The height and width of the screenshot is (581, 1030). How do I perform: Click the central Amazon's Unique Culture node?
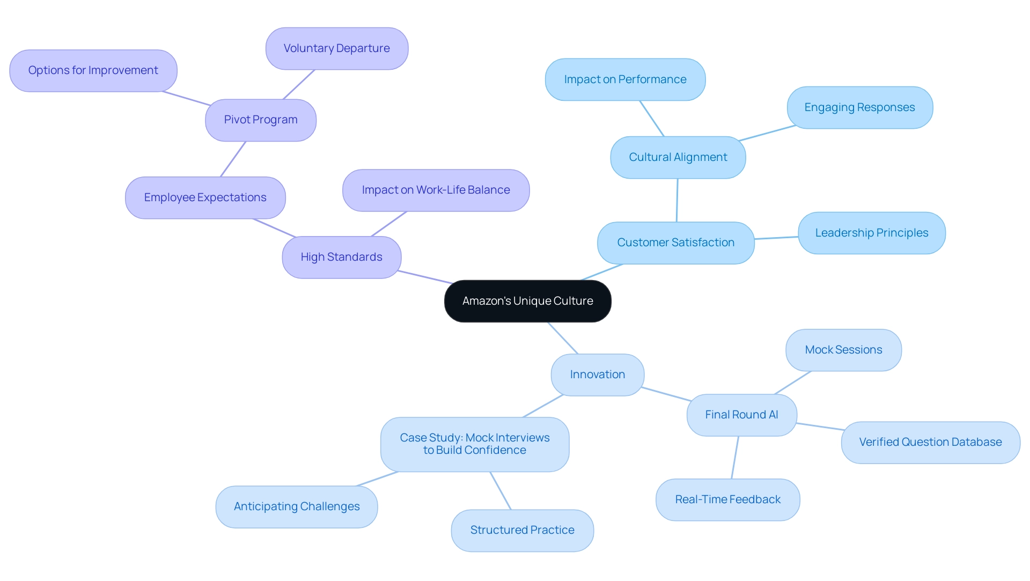tap(527, 301)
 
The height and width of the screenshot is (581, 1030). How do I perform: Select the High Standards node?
tap(341, 257)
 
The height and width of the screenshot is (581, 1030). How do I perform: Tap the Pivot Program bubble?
tap(261, 120)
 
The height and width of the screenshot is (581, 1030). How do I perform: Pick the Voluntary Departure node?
tap(336, 48)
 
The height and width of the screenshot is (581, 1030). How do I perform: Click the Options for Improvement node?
tap(93, 70)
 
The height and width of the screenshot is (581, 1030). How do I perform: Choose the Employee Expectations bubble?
tap(205, 197)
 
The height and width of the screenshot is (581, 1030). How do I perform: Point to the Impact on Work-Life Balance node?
tap(436, 190)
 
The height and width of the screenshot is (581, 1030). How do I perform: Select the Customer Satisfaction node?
tap(675, 242)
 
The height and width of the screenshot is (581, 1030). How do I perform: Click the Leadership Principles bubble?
tap(871, 233)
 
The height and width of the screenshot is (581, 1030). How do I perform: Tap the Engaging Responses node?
tap(859, 107)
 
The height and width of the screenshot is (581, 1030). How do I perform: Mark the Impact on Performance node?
tap(625, 79)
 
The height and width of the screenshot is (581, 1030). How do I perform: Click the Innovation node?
tap(597, 374)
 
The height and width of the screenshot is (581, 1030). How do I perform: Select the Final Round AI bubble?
tap(741, 415)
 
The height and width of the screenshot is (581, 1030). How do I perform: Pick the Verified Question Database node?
tap(930, 442)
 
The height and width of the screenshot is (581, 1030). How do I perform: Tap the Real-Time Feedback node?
tap(727, 499)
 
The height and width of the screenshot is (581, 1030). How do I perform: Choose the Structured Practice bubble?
tap(522, 530)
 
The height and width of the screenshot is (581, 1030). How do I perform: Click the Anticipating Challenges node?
tap(297, 506)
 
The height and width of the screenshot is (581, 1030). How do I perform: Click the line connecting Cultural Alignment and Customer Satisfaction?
tap(677, 200)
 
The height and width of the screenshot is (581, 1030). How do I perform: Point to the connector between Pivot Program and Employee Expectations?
tap(233, 159)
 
